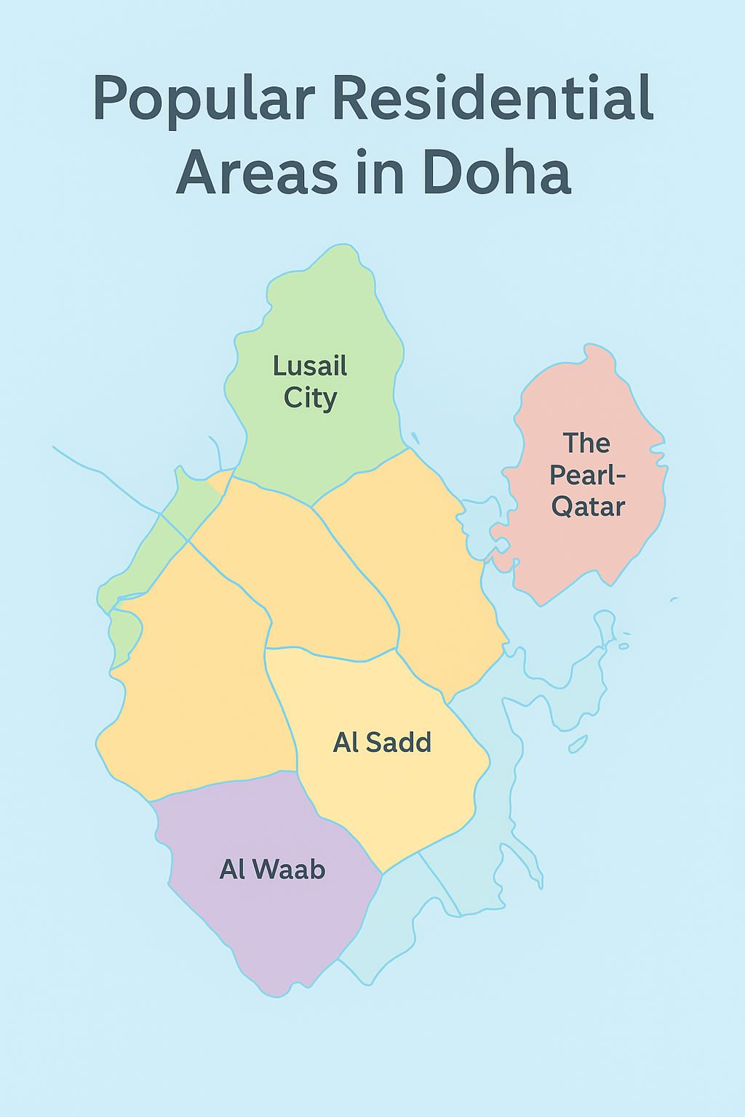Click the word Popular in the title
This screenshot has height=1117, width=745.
pos(204,100)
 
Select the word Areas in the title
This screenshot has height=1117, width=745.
pos(258,173)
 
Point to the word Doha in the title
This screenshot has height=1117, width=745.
pos(496,173)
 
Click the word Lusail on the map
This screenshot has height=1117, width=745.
pos(310,366)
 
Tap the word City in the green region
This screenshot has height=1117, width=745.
pos(310,399)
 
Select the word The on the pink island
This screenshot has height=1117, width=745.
pos(586,444)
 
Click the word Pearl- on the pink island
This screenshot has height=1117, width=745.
pos(587,476)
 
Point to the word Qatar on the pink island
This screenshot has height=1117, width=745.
pos(588,507)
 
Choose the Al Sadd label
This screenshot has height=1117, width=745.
pos(382,742)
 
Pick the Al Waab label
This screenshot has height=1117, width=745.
pos(272,870)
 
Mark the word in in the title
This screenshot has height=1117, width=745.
pos(380,173)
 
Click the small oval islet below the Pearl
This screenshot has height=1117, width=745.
pos(578,745)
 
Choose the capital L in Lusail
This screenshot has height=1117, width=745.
pos(279,366)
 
